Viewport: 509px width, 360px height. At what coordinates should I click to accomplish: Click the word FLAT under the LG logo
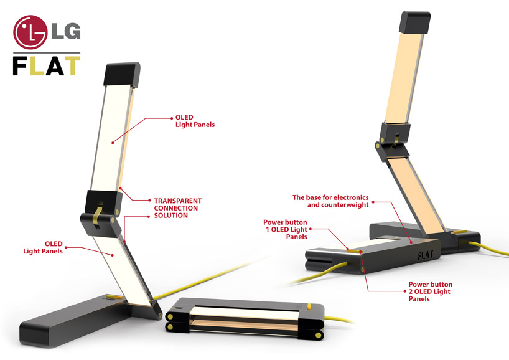(x=46, y=65)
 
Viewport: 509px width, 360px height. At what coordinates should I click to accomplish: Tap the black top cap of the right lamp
(x=414, y=23)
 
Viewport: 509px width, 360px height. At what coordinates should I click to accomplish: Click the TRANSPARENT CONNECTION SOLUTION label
(x=177, y=208)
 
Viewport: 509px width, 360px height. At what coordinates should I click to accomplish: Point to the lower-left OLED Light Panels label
(x=43, y=247)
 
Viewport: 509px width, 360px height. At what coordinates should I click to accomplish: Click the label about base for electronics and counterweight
(x=330, y=201)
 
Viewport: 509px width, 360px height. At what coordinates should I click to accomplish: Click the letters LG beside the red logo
(x=68, y=31)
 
